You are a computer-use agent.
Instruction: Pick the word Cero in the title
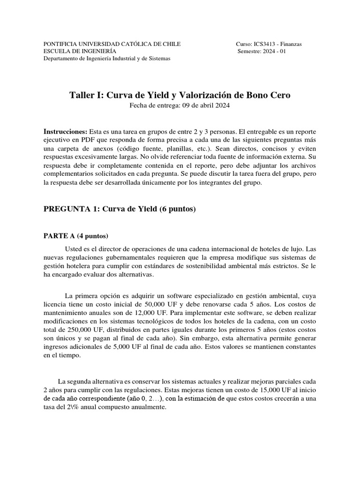tap(280, 95)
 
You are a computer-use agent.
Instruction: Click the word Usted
tap(73, 248)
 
